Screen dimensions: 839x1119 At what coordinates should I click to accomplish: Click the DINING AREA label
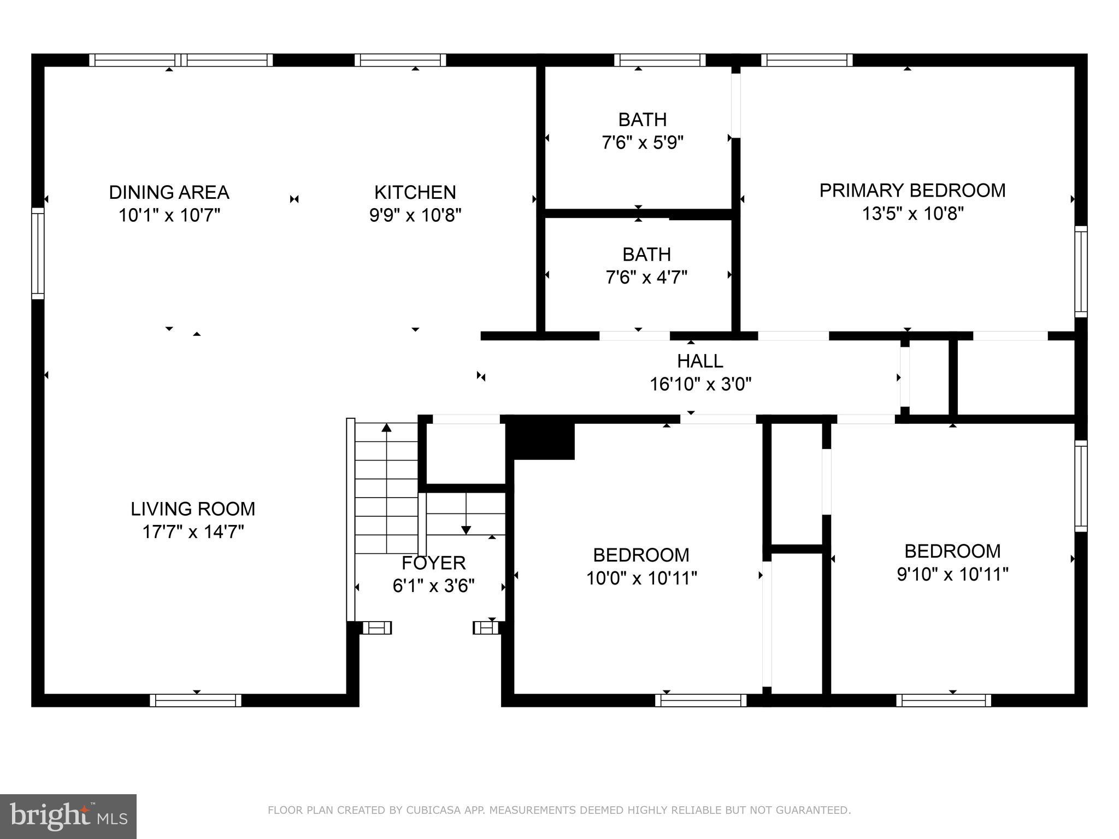tap(169, 192)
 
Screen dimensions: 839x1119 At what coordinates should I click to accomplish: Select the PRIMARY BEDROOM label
tap(912, 190)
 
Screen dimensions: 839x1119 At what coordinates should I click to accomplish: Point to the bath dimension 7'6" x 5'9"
tap(643, 143)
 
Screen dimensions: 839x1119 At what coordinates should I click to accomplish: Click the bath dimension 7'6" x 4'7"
tap(646, 277)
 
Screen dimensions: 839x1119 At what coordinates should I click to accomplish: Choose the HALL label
tap(700, 361)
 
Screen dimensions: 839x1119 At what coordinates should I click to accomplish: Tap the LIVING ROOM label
tap(193, 509)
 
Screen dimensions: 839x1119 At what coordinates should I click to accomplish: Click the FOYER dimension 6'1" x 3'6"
tap(433, 586)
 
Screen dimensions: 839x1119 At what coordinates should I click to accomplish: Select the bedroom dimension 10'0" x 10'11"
tap(641, 578)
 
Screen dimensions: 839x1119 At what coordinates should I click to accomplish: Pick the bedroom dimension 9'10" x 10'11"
tap(952, 574)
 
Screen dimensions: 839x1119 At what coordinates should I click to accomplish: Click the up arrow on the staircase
tap(387, 428)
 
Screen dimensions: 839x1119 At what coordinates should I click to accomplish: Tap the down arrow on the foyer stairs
tap(466, 529)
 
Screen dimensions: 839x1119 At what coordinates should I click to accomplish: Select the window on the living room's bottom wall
tap(196, 700)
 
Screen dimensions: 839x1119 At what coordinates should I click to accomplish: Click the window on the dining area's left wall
tap(38, 253)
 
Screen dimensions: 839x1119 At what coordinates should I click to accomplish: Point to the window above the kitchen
tap(401, 60)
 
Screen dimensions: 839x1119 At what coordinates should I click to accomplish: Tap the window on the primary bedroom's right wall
tap(1081, 271)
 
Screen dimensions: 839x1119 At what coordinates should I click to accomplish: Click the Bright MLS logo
tap(68, 816)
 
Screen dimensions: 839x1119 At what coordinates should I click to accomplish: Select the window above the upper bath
tap(659, 60)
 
